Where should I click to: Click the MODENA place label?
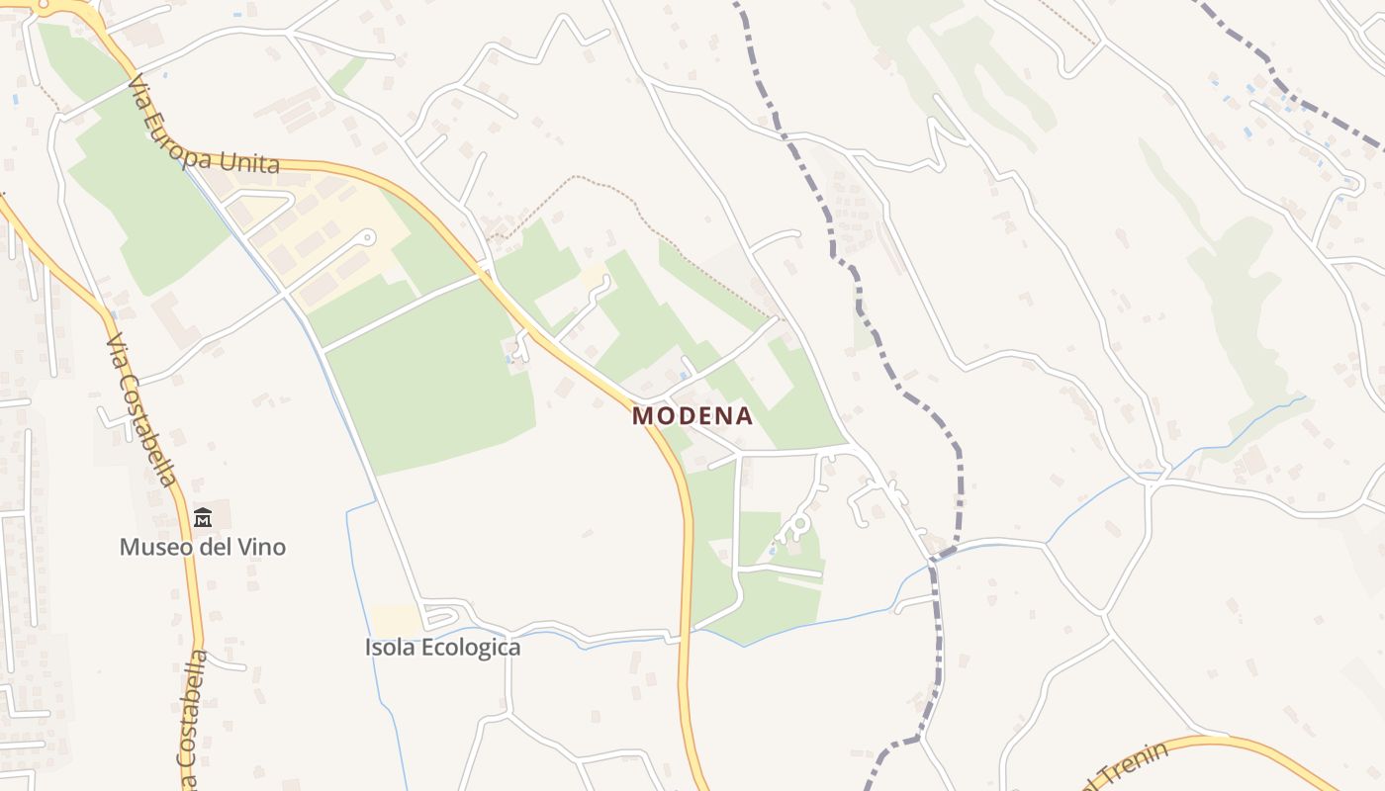pyautogui.click(x=692, y=416)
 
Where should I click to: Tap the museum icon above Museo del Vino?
pyautogui.click(x=203, y=517)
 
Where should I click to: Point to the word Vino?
pyautogui.click(x=262, y=547)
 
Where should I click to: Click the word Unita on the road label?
pyautogui.click(x=253, y=164)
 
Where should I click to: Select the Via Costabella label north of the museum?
pyautogui.click(x=142, y=410)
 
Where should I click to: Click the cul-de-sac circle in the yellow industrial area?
pyautogui.click(x=369, y=236)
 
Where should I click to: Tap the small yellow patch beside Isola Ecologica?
pyautogui.click(x=396, y=620)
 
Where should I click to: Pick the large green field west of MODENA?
pyautogui.click(x=435, y=376)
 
